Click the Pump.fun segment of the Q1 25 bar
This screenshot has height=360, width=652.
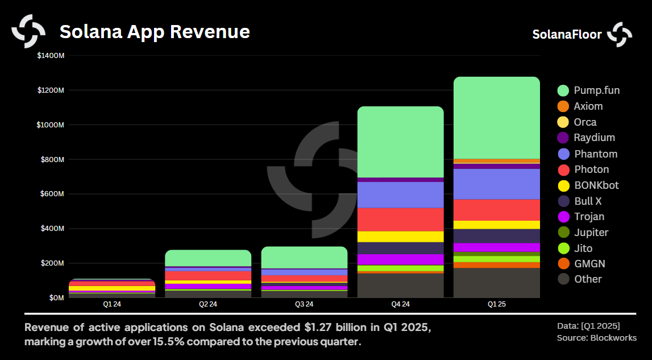coord(496,118)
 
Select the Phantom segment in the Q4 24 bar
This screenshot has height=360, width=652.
coord(400,195)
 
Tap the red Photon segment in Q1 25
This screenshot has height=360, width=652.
coord(496,210)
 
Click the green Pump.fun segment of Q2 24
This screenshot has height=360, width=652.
coord(207,258)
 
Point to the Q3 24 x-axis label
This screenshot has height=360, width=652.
coord(304,304)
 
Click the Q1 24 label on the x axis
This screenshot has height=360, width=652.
coord(111,304)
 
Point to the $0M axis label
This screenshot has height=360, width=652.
coord(55,297)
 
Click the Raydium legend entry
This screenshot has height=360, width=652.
coord(594,138)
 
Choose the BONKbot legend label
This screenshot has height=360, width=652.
coord(596,185)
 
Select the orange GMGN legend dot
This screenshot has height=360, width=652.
coord(563,264)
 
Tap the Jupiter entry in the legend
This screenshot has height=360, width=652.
coord(591,233)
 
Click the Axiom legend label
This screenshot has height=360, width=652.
coord(588,106)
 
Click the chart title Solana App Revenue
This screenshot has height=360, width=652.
coord(155,31)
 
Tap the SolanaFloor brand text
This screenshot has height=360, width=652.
coord(567,34)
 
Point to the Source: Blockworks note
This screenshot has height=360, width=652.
coord(596,338)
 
